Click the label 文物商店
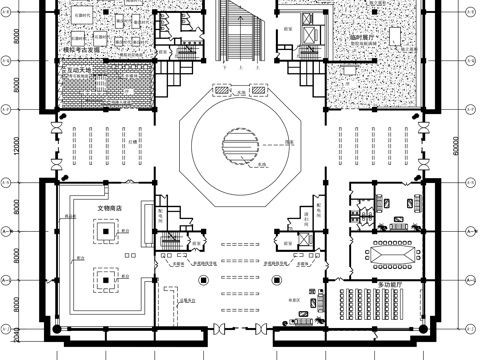(x=109, y=207)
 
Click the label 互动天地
(x=81, y=71)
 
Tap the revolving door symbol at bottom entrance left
(x=219, y=329)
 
